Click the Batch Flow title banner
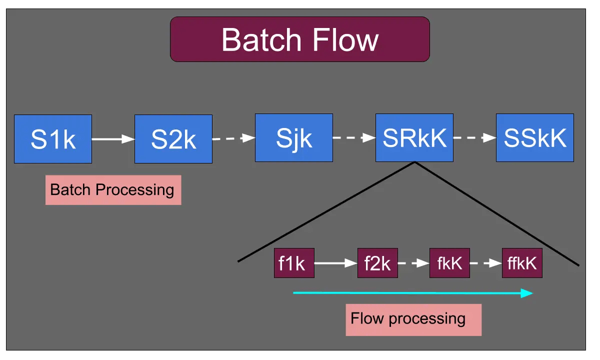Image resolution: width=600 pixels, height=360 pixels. (300, 39)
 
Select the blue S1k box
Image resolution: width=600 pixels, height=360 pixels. (53, 139)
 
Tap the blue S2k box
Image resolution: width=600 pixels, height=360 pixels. (173, 138)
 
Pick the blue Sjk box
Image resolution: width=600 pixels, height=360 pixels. (294, 138)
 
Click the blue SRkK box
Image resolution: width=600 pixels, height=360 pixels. (414, 138)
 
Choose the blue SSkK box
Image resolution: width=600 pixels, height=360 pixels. (535, 138)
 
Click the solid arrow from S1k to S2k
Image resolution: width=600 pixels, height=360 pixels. (113, 139)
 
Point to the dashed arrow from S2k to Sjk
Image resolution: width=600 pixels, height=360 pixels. (234, 138)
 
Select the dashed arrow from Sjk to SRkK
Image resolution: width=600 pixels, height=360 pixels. (354, 138)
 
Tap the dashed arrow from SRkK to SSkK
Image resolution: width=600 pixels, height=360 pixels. (474, 138)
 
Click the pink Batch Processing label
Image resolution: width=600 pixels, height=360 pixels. (113, 190)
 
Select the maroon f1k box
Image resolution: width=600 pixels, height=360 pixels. (294, 263)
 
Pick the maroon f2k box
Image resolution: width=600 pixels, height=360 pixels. (377, 263)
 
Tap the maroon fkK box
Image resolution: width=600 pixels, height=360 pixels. (449, 263)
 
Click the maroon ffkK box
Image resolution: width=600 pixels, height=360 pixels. (522, 263)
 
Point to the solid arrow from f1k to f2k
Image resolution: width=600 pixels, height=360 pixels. (335, 263)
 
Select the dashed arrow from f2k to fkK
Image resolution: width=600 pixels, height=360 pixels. (414, 263)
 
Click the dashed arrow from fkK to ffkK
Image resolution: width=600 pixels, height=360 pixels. (486, 263)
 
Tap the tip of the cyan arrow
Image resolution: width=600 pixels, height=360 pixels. (532, 293)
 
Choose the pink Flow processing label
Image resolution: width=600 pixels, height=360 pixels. (413, 319)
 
